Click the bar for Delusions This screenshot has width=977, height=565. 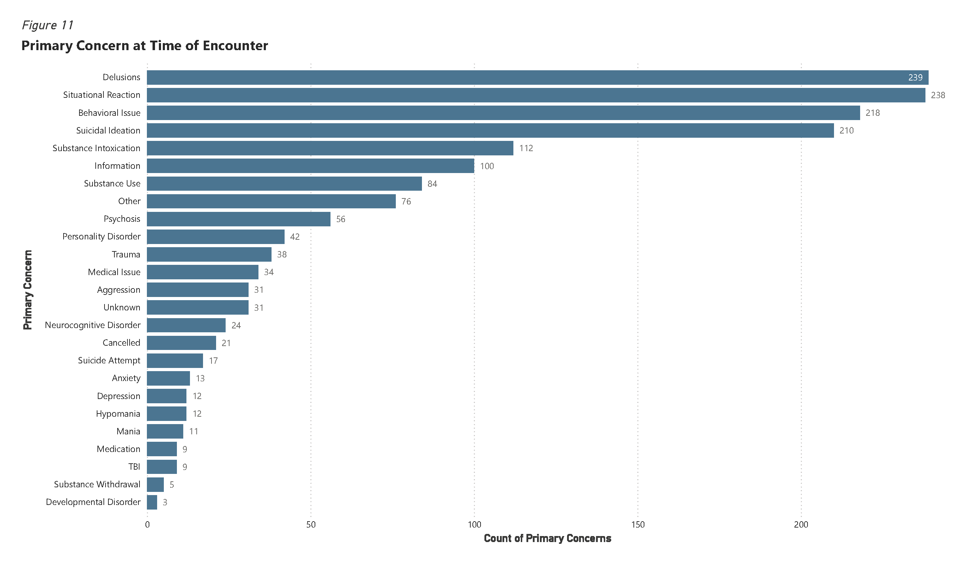[x=537, y=78]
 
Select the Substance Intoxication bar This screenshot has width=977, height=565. [x=330, y=148]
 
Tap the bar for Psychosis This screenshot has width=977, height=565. [x=238, y=219]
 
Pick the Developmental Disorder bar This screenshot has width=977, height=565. [x=152, y=502]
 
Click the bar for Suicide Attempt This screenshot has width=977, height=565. [x=175, y=361]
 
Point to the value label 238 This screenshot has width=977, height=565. [x=938, y=95]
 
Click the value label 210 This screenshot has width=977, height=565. [x=846, y=131]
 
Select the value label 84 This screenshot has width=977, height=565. [x=432, y=184]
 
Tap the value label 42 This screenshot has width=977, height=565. [x=294, y=237]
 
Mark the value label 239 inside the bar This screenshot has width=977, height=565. [x=915, y=78]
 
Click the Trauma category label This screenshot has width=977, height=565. [x=126, y=254]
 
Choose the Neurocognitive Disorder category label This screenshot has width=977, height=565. [x=93, y=325]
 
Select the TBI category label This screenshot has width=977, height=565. [x=134, y=466]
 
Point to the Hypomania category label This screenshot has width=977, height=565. [x=118, y=414]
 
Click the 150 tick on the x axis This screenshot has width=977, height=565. [x=638, y=525]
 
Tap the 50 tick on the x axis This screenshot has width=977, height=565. [x=311, y=525]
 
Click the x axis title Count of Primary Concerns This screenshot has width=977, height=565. [x=547, y=539]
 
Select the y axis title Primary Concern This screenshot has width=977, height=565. [x=28, y=290]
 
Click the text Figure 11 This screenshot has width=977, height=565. [x=47, y=25]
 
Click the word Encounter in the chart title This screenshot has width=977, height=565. [x=235, y=46]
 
